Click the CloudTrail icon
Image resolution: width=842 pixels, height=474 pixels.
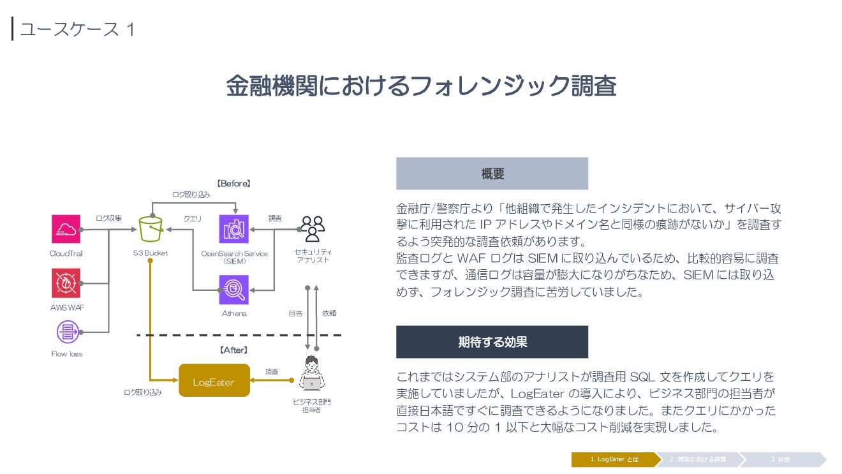pos(66,229)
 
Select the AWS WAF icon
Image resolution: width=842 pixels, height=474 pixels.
pos(66,283)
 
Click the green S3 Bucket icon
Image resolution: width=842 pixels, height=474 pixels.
pos(151,229)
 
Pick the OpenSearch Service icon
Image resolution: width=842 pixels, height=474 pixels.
pos(233,229)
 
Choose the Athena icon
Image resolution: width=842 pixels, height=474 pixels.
pos(233,290)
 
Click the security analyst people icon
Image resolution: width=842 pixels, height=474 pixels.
pos(313,229)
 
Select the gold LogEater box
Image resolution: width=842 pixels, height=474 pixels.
pos(214,381)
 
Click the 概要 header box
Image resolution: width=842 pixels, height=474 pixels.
pos(492,174)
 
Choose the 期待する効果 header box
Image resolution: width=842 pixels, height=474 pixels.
pos(492,342)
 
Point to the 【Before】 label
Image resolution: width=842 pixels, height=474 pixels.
pos(233,183)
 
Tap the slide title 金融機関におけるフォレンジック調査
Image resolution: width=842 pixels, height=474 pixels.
pos(421,85)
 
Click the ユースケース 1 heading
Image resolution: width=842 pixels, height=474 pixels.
pos(77,29)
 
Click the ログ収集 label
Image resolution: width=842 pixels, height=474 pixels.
pos(108,218)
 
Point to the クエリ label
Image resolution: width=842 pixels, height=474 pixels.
pos(192,219)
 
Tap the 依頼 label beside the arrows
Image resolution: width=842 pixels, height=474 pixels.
pos(329,313)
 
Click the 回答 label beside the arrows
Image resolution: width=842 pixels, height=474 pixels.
pos(295,313)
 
